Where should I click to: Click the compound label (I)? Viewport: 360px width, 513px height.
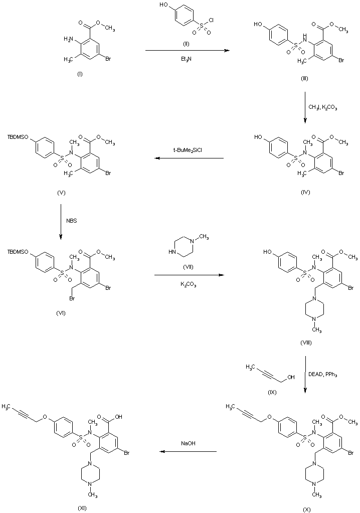[79, 74]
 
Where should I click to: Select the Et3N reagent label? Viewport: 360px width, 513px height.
[185, 59]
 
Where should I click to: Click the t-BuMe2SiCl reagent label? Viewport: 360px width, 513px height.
[189, 150]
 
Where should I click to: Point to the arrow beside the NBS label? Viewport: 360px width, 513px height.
[61, 220]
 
